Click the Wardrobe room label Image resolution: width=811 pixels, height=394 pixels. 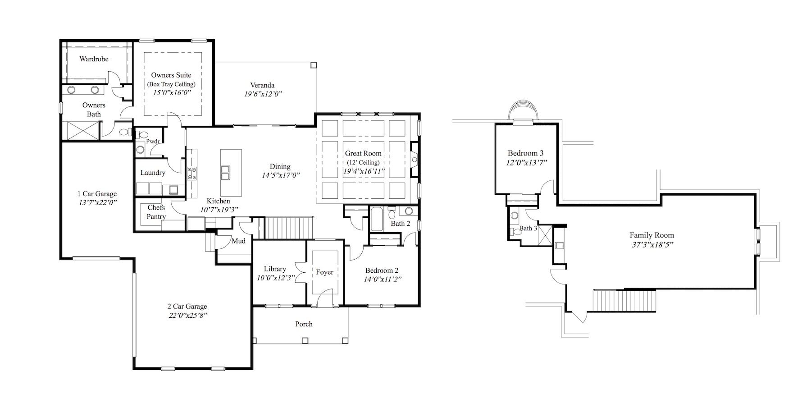point(94,59)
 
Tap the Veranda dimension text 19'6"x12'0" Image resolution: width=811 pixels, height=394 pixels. point(263,94)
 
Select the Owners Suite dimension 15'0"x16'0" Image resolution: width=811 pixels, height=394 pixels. point(171,92)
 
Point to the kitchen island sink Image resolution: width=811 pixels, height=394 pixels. point(225,172)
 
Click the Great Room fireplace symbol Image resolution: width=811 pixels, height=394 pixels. point(414,160)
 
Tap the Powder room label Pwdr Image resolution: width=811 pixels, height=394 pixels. point(153,141)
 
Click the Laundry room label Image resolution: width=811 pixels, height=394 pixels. point(153,173)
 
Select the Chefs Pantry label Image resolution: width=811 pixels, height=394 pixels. point(156,212)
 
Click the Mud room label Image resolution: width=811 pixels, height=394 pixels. point(238,241)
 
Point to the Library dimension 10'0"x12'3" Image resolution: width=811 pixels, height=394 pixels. point(275,278)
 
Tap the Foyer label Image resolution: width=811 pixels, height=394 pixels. point(324,272)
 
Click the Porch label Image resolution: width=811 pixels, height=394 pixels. point(304,324)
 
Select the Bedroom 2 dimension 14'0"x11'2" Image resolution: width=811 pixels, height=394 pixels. point(383,279)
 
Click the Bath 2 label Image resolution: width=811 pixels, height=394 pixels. point(401,224)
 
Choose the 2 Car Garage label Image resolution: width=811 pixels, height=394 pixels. point(187,307)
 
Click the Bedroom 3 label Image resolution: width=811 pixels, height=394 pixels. point(525,153)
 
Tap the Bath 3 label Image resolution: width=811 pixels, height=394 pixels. point(528,229)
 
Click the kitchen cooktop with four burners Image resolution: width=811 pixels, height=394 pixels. point(192,174)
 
